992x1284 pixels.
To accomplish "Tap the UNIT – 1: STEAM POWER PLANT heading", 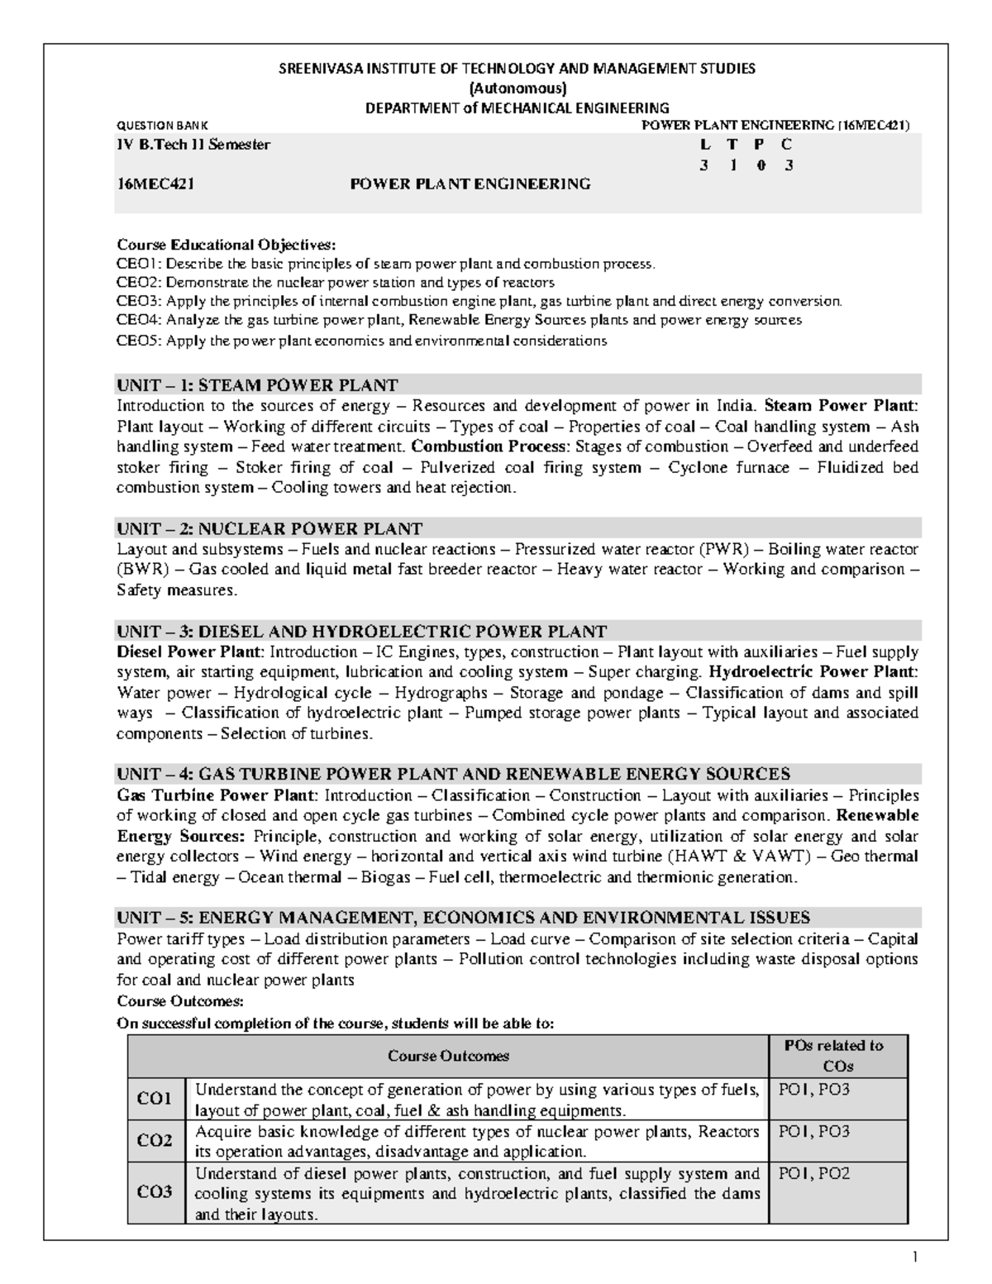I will click(257, 385).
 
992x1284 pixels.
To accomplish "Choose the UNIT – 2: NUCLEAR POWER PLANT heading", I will click(269, 529).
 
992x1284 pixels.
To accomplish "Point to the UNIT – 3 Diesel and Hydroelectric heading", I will click(361, 632).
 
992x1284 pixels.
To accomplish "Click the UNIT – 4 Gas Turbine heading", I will click(453, 775).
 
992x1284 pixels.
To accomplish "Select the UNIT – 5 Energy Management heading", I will click(463, 918).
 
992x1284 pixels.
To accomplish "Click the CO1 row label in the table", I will click(155, 1099).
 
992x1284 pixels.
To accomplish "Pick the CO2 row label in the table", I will click(155, 1141).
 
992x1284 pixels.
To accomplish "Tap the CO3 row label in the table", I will click(155, 1192).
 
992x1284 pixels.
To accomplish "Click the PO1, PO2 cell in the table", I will click(814, 1174).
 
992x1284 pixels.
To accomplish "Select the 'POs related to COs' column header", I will click(838, 1056).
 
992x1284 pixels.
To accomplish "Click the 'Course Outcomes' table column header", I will click(448, 1056).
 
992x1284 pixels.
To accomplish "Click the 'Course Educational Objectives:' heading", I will click(227, 245).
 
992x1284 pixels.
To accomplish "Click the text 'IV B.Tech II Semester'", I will click(193, 145).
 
